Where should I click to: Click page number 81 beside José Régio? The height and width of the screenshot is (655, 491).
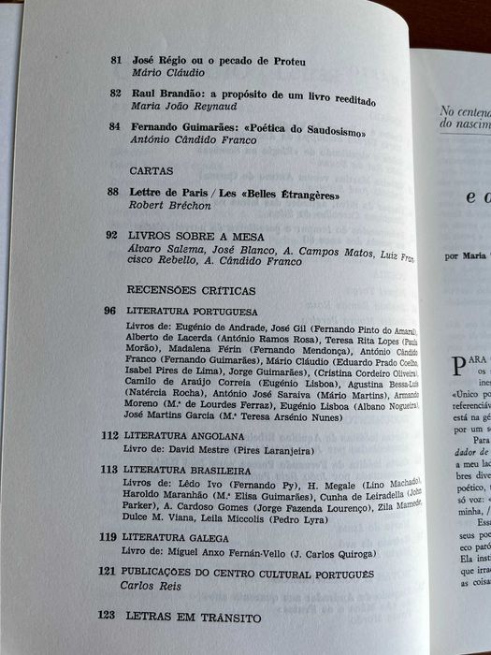115,61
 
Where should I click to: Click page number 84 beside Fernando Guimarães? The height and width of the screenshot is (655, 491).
115,127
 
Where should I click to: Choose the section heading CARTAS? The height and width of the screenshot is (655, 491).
150,171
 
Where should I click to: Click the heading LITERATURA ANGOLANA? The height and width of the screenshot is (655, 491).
185,436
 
